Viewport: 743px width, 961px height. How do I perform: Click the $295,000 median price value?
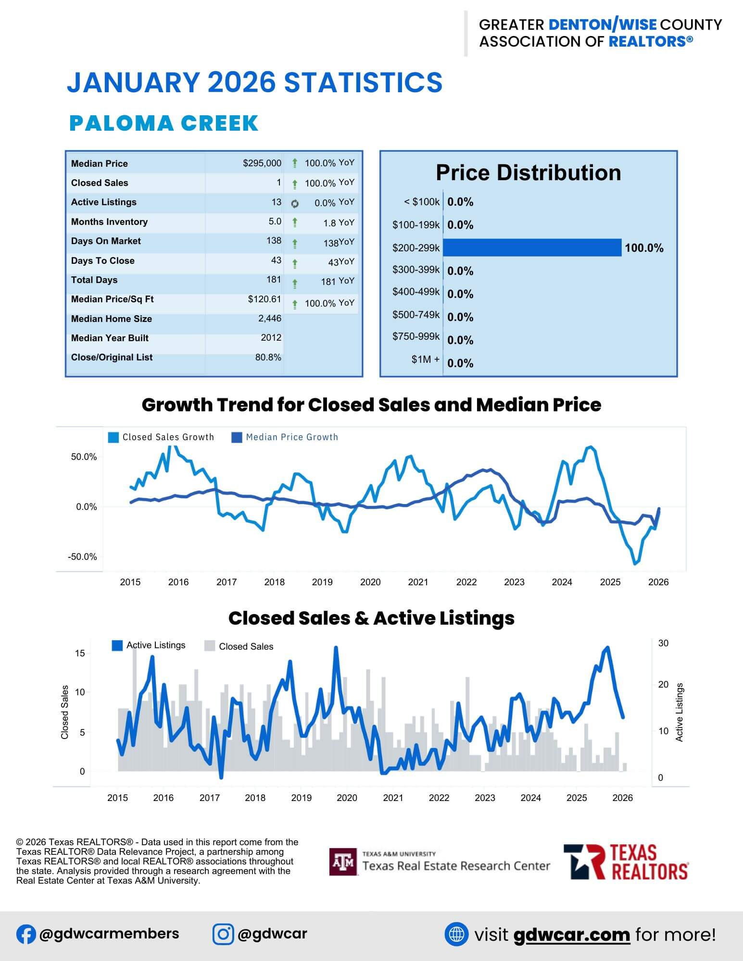262,163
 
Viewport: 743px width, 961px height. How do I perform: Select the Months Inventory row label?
109,222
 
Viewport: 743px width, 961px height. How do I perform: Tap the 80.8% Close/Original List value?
268,357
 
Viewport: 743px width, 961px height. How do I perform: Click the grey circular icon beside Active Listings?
295,204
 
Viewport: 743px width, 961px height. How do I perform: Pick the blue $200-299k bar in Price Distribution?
532,248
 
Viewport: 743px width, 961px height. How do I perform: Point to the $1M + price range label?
425,359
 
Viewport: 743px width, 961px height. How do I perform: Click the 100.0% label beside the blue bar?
644,248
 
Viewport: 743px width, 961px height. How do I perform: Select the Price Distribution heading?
528,173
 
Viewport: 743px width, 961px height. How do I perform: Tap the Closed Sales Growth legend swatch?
113,437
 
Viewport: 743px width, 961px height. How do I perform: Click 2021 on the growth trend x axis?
418,582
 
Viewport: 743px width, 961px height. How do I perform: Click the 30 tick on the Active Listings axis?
663,643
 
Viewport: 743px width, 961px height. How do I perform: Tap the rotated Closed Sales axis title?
65,712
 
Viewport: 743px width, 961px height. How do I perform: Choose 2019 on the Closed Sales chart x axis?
301,798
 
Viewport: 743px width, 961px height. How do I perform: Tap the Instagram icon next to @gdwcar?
223,934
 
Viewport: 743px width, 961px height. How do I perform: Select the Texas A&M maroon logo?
343,862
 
